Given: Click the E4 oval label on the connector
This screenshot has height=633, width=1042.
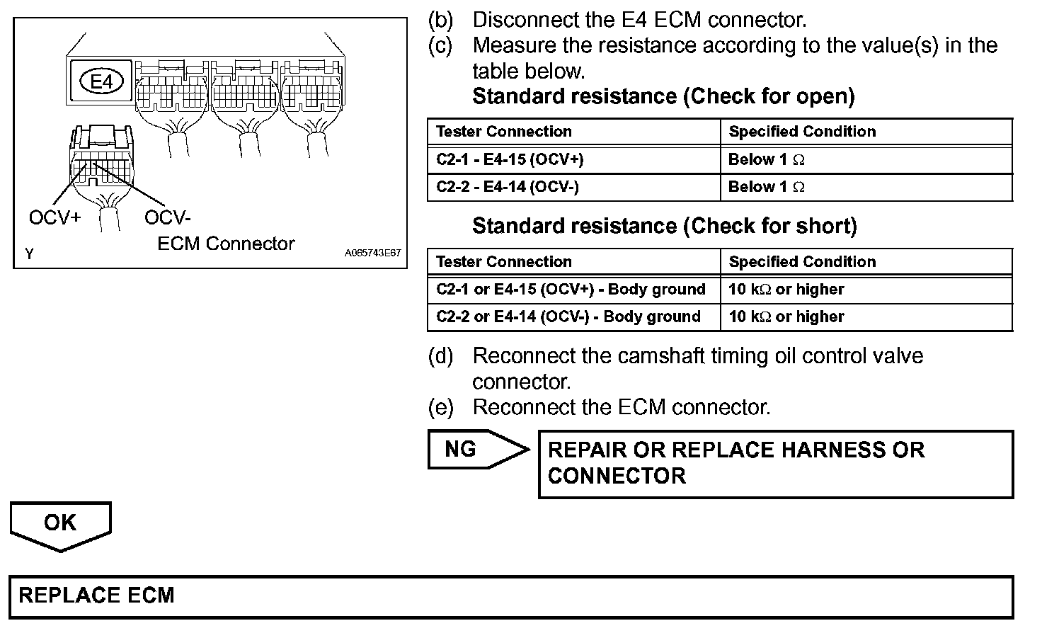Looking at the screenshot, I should [102, 82].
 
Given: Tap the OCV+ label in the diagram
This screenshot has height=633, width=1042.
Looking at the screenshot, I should [55, 217].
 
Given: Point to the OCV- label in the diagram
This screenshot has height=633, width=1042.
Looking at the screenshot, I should [168, 217].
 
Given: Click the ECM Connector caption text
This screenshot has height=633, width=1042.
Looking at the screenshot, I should [226, 244].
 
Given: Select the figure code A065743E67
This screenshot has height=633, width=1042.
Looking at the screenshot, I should [373, 253].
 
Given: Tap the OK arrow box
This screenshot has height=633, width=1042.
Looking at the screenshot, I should [60, 523].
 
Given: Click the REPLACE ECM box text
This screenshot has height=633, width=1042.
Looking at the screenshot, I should [96, 595].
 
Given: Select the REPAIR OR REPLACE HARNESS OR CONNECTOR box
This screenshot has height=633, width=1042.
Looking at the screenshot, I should [775, 463].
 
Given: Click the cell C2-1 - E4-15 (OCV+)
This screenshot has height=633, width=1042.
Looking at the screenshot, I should [510, 160].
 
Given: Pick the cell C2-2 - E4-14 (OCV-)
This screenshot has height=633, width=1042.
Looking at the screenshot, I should [507, 188].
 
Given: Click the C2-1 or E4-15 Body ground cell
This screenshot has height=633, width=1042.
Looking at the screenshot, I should [571, 290].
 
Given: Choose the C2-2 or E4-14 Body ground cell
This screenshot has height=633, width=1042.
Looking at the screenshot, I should [568, 317].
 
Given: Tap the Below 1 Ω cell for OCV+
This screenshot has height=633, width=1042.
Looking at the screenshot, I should [767, 160].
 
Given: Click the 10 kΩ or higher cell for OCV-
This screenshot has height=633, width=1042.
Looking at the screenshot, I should [786, 317].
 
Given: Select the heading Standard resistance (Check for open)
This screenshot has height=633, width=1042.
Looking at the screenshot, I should [663, 96].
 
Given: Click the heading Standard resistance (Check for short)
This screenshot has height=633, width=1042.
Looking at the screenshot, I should [664, 227].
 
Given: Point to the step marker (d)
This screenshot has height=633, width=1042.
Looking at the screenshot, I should [440, 355].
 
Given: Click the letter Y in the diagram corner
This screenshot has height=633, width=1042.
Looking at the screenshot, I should [29, 253].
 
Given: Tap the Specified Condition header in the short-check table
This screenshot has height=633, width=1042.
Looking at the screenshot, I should [802, 262].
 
